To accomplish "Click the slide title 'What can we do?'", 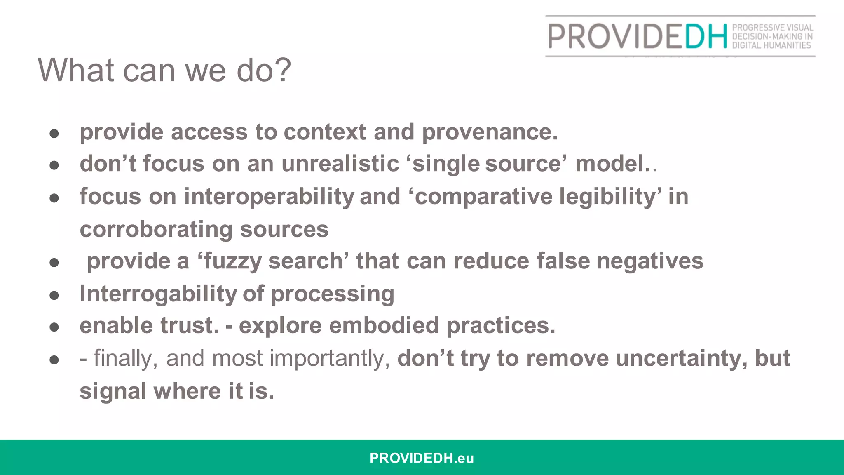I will coord(164,70).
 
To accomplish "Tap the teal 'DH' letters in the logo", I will coord(706,36).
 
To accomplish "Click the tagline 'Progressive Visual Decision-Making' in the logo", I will coord(772,32).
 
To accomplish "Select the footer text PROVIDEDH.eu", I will coord(422,458).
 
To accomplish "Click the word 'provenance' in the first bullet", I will coord(489,132).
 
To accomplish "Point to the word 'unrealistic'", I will coord(340,164).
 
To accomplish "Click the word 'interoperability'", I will coord(269,197).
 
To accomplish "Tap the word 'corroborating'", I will coord(156,229).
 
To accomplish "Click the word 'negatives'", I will coord(650,261).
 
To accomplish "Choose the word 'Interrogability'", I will coord(158,294).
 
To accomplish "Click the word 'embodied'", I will coord(384,326).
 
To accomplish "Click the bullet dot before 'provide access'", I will coord(54,134).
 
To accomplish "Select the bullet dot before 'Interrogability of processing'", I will coord(54,295).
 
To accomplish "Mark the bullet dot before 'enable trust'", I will coord(54,327).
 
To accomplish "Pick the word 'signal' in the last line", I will coord(113,391).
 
